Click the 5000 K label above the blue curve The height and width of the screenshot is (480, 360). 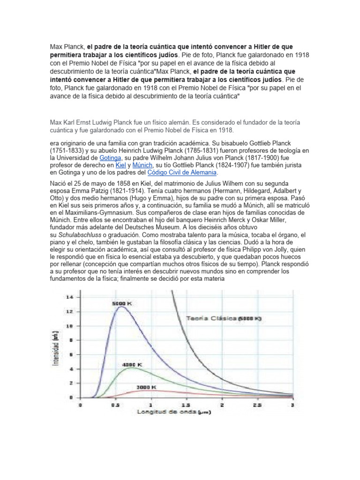(x=122, y=304)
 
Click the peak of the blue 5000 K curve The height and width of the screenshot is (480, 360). (x=121, y=307)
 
